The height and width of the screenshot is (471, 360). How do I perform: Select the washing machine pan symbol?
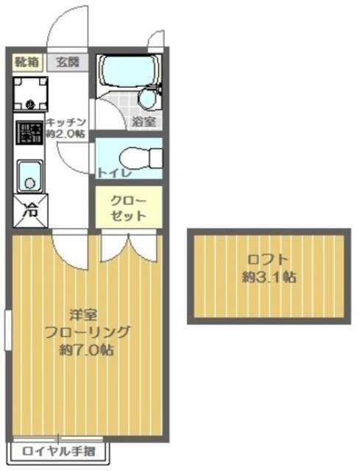pyautogui.click(x=29, y=93)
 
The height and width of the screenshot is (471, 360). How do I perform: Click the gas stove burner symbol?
pyautogui.click(x=29, y=133)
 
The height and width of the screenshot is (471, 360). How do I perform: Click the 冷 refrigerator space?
pyautogui.click(x=29, y=210)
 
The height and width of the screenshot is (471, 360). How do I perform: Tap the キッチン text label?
pyautogui.click(x=66, y=122)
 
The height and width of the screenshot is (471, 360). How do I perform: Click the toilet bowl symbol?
pyautogui.click(x=136, y=156)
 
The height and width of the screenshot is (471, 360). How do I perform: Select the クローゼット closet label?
pyautogui.click(x=128, y=208)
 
